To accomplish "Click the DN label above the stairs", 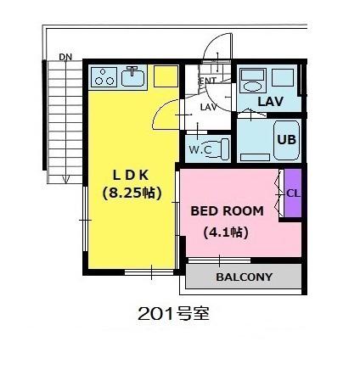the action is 65,57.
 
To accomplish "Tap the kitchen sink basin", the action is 132,78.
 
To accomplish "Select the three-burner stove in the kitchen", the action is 104,77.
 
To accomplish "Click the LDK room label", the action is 131,176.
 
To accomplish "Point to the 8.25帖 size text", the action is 132,193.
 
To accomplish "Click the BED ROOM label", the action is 227,211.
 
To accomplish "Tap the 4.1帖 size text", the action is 226,232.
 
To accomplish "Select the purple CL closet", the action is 293,193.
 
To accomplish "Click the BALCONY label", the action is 244,277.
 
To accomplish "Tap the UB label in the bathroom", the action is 286,139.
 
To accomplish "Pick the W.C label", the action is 200,149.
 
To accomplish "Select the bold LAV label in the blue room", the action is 270,102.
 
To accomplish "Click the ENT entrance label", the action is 208,81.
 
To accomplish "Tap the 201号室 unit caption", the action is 173,314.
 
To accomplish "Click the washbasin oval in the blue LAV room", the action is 252,87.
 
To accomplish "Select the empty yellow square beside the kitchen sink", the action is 166,76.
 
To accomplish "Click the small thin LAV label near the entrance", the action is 209,107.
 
